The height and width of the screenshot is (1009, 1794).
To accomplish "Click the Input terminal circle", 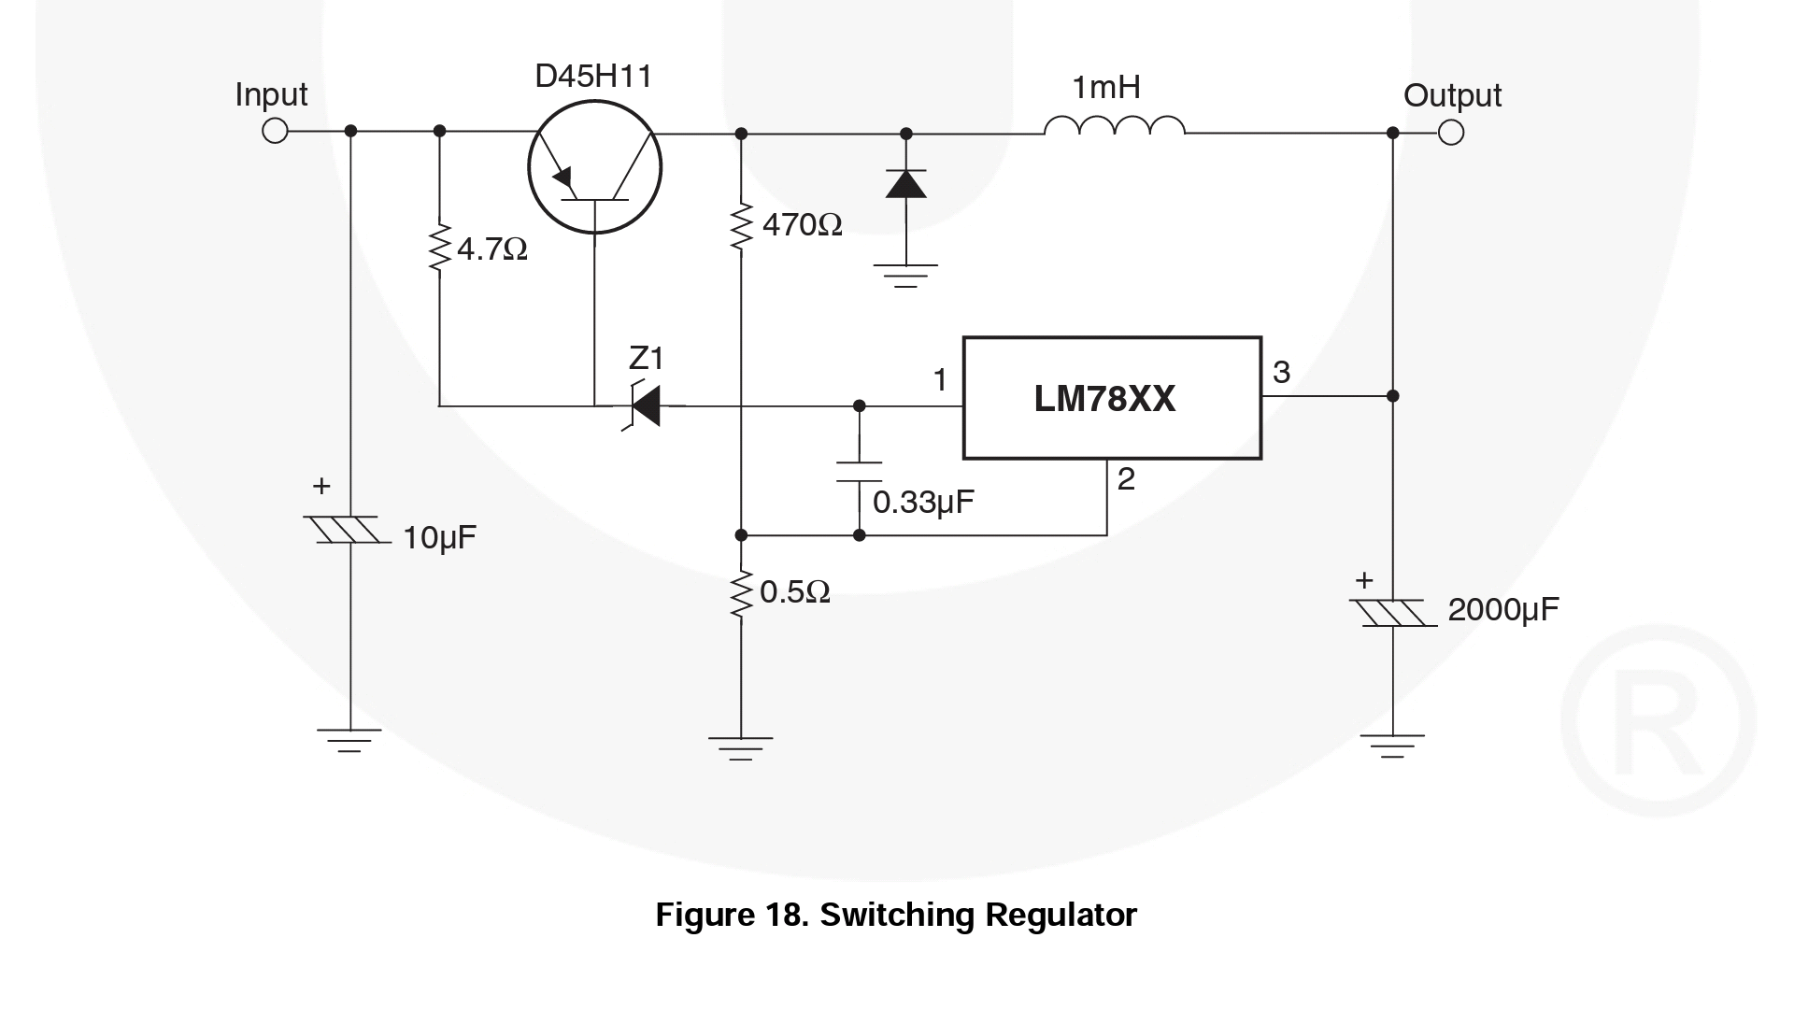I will [275, 131].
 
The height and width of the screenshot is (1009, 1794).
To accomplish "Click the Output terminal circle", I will [1451, 133].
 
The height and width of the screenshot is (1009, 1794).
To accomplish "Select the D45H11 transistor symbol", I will [595, 168].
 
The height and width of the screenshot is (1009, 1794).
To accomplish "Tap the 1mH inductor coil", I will [1114, 127].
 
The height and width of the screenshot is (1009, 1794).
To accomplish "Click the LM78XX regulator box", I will [1112, 398].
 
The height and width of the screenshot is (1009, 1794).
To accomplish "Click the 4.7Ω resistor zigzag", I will [439, 249].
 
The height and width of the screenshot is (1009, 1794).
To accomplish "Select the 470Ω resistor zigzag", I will [741, 225].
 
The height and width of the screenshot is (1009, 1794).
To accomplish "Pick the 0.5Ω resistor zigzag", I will [741, 592].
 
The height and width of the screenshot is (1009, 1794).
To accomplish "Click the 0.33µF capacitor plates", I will [859, 472].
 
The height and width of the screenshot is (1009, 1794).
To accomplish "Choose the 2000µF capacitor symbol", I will [1392, 613].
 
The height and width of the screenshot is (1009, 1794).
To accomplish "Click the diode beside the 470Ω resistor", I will [905, 184].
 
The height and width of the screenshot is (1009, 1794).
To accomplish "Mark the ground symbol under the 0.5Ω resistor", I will [741, 748].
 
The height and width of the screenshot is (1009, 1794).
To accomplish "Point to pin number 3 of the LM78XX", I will [1281, 373].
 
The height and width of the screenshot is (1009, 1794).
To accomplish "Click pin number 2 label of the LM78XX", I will [1126, 479].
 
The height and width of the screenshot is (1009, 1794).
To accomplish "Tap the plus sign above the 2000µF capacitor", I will [1364, 581].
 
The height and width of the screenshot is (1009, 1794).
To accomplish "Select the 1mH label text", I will [1106, 88].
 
